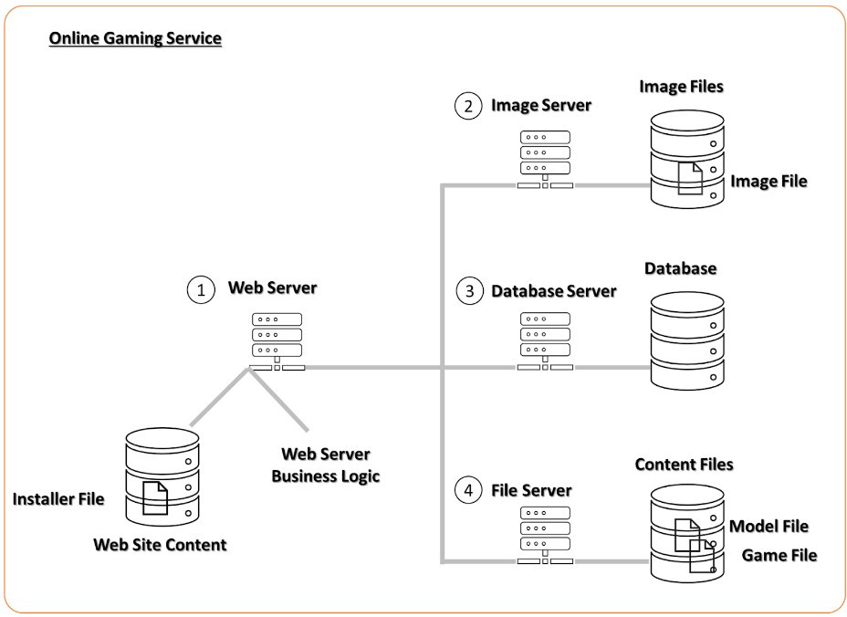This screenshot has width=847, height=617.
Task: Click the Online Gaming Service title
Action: coord(135,39)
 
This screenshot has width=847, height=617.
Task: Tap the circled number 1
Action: coord(199,291)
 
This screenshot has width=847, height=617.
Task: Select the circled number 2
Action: coord(467,106)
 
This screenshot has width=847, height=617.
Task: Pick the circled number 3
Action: coord(468,292)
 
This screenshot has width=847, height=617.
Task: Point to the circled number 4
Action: coord(467,491)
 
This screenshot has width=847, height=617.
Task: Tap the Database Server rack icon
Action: coord(545,340)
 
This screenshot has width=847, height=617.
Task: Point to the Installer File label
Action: coord(58,499)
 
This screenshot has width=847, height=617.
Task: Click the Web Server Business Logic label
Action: coord(325,465)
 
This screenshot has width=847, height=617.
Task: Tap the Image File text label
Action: coord(769,182)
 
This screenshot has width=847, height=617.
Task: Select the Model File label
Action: coord(769,527)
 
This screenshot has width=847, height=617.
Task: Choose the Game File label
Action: coord(779,555)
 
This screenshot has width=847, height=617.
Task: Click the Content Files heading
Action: coord(684,465)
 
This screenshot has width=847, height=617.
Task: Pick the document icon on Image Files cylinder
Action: coord(690,178)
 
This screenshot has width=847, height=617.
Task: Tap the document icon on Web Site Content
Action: coord(156,497)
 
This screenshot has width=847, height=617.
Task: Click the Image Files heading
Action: coord(681,87)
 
